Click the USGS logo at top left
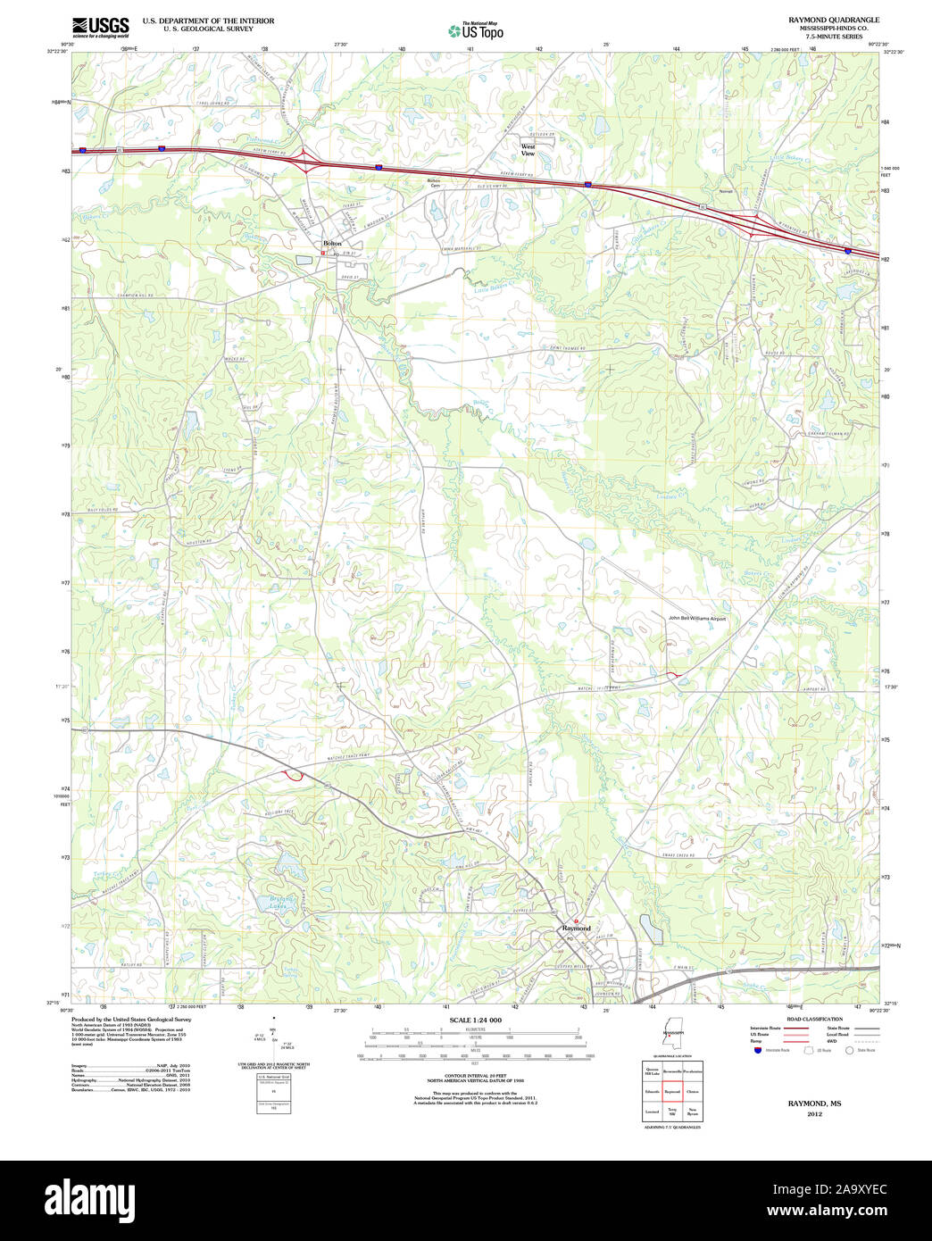click(x=100, y=26)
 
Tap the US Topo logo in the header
click(x=476, y=31)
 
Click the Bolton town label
click(x=332, y=244)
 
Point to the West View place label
click(x=528, y=150)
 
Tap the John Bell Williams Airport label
click(x=697, y=618)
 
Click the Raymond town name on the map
click(x=577, y=929)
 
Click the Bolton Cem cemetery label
click(x=435, y=183)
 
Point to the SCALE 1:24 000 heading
click(x=475, y=1020)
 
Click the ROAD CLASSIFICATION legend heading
click(x=814, y=1019)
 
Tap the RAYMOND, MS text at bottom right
click(x=814, y=1104)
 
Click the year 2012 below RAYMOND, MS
click(x=814, y=1114)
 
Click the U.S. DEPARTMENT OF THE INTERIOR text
click(x=208, y=21)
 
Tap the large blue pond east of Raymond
click(x=652, y=929)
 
